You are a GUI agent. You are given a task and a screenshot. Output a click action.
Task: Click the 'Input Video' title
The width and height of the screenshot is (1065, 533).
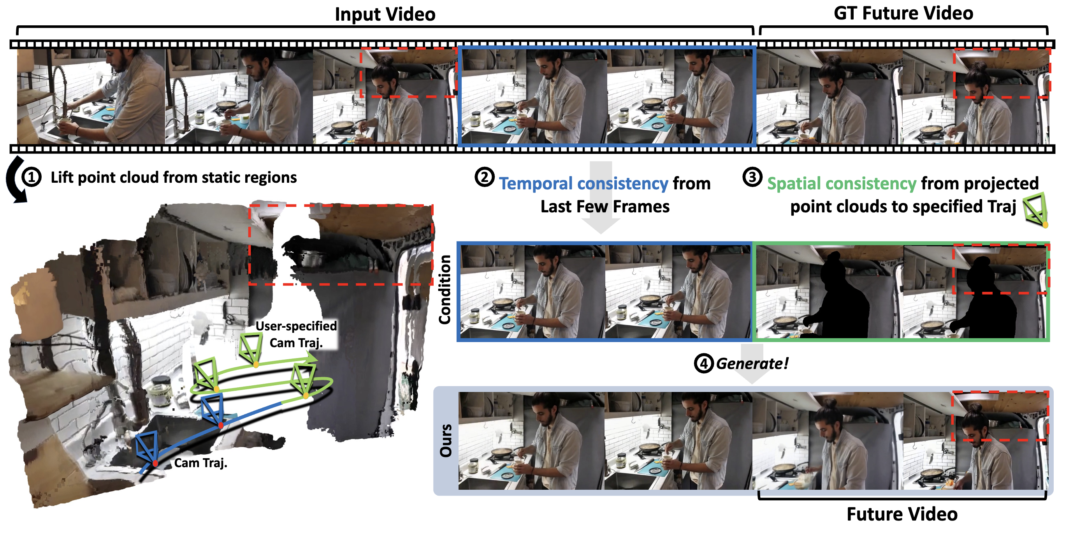pos(385,14)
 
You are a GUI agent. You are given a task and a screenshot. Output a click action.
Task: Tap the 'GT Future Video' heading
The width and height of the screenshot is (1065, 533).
pos(903,13)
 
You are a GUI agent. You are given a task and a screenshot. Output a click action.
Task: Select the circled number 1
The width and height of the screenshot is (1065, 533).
pos(32,177)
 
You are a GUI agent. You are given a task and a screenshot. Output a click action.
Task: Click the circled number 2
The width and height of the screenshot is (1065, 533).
pos(484,177)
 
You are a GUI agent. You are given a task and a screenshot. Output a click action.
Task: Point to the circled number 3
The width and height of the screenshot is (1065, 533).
pos(752,177)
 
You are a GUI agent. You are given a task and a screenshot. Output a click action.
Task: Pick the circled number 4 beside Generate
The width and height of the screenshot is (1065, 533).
pos(704,364)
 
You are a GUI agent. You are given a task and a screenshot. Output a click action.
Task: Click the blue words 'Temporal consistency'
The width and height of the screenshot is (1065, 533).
pos(583,184)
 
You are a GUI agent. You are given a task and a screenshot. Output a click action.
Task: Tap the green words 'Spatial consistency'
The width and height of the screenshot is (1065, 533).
pos(842,184)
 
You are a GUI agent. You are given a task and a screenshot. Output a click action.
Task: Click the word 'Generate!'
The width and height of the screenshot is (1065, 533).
pos(752,364)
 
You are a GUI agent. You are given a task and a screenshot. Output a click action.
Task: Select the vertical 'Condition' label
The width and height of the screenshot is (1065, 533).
pos(445,289)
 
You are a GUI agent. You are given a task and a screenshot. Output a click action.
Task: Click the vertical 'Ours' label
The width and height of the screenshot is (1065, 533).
pos(446,441)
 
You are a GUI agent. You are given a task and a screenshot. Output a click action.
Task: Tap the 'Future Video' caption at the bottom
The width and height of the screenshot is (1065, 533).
pos(902,514)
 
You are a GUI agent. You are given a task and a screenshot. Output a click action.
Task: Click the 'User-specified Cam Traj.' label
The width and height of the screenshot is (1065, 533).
pos(296,334)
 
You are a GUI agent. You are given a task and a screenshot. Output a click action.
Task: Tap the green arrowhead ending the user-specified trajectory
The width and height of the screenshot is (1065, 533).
pos(311,358)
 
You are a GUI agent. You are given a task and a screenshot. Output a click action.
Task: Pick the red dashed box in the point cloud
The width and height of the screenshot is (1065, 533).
pos(341,245)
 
